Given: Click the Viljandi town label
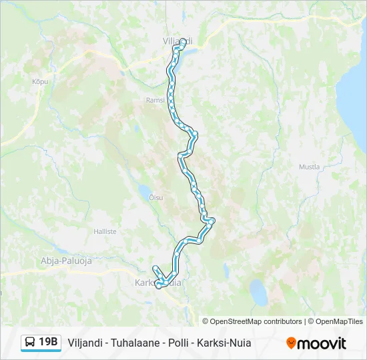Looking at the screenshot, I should (x=177, y=41).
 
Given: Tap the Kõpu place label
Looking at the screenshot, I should (x=40, y=81).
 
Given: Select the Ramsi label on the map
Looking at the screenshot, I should (x=154, y=101).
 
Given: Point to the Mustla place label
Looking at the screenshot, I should (x=309, y=167).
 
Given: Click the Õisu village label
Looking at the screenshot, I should (x=155, y=197).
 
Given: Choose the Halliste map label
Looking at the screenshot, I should (x=105, y=231).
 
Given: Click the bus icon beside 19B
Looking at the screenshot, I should (x=30, y=343).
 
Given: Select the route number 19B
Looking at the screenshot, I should (x=48, y=343).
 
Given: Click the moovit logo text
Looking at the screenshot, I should (x=322, y=343).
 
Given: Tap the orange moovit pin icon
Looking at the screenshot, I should (x=291, y=343).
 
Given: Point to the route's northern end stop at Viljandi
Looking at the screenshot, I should (x=183, y=42).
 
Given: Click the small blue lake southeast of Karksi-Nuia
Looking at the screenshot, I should (x=257, y=291).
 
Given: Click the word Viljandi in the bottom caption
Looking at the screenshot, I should (x=85, y=343).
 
